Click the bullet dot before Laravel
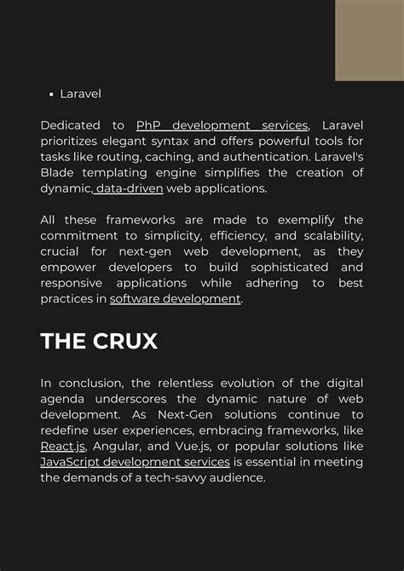click(50, 94)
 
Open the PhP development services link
click(222, 125)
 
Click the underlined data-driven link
click(129, 188)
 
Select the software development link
click(176, 298)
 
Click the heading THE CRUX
click(99, 341)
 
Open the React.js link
click(62, 447)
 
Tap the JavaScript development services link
click(135, 462)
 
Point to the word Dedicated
click(71, 125)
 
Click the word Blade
click(59, 173)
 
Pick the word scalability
click(324, 235)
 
